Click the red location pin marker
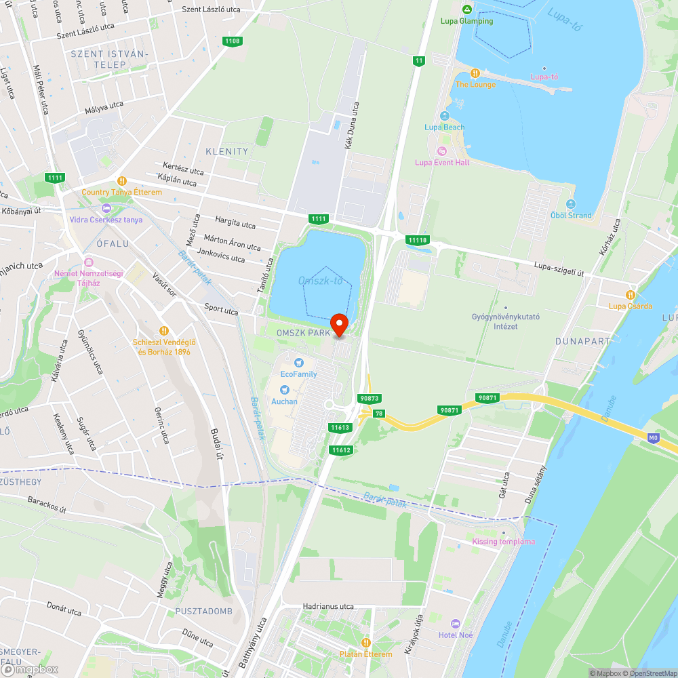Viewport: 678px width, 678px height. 338,325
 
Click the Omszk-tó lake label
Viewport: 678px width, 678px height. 320,281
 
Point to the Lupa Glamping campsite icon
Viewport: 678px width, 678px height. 466,9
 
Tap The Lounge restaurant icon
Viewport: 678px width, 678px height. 475,73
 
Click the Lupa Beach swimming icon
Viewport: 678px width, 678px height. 445,116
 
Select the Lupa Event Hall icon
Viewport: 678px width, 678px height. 442,151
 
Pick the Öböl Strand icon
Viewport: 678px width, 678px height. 571,204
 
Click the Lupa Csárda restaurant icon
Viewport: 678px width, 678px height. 631,295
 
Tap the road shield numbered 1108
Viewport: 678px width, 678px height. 232,41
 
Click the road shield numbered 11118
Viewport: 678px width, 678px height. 418,240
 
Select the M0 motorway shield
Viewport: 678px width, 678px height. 654,438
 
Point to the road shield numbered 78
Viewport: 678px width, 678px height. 378,413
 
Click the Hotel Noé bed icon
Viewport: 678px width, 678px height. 456,623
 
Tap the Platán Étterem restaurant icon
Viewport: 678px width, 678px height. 366,642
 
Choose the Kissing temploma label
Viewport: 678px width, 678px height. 503,541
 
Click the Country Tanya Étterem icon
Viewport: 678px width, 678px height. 122,181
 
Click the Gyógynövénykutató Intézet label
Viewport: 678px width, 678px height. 505,321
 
